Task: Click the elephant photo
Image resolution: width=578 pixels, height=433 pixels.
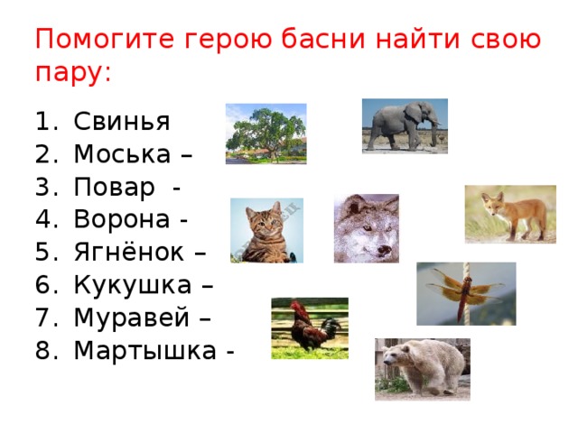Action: pos(405,125)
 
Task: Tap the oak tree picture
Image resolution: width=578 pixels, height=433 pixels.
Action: pos(266,134)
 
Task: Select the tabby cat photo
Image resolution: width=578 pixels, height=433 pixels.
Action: pos(266,231)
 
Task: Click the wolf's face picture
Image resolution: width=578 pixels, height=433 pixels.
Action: pos(366,228)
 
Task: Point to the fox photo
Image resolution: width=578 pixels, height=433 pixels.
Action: pos(510,215)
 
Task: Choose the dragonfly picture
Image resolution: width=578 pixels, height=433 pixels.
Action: pos(466,293)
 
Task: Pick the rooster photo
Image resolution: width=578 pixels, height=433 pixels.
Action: pos(310,327)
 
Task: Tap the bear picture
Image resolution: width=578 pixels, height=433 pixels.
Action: pos(422,369)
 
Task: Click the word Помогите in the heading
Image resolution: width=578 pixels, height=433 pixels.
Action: pos(106,41)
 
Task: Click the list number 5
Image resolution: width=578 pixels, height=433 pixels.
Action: pos(45,253)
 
